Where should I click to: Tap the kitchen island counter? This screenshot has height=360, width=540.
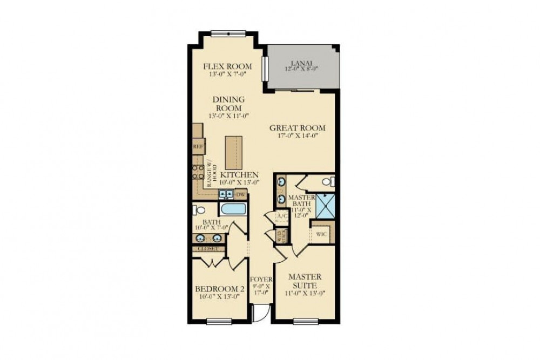click(233, 152)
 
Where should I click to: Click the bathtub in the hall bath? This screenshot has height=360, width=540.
click(234, 210)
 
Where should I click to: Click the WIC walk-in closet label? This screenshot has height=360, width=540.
click(321, 234)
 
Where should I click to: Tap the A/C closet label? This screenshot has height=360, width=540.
click(281, 216)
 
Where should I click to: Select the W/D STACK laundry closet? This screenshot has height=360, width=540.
click(281, 236)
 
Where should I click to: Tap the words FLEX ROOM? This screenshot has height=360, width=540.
click(227, 66)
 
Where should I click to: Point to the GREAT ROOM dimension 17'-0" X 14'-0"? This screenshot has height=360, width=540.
click(298, 136)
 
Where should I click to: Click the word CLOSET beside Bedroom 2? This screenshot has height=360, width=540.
click(208, 249)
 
